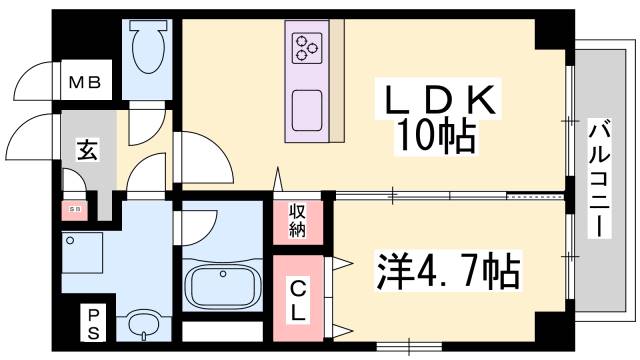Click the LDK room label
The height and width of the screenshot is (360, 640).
point(438,101)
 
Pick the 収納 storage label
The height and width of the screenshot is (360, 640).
point(298,221)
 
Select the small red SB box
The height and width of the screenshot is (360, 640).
point(74,210)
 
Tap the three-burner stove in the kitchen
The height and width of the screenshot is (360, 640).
point(306,46)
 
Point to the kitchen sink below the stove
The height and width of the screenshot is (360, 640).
point(306,104)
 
